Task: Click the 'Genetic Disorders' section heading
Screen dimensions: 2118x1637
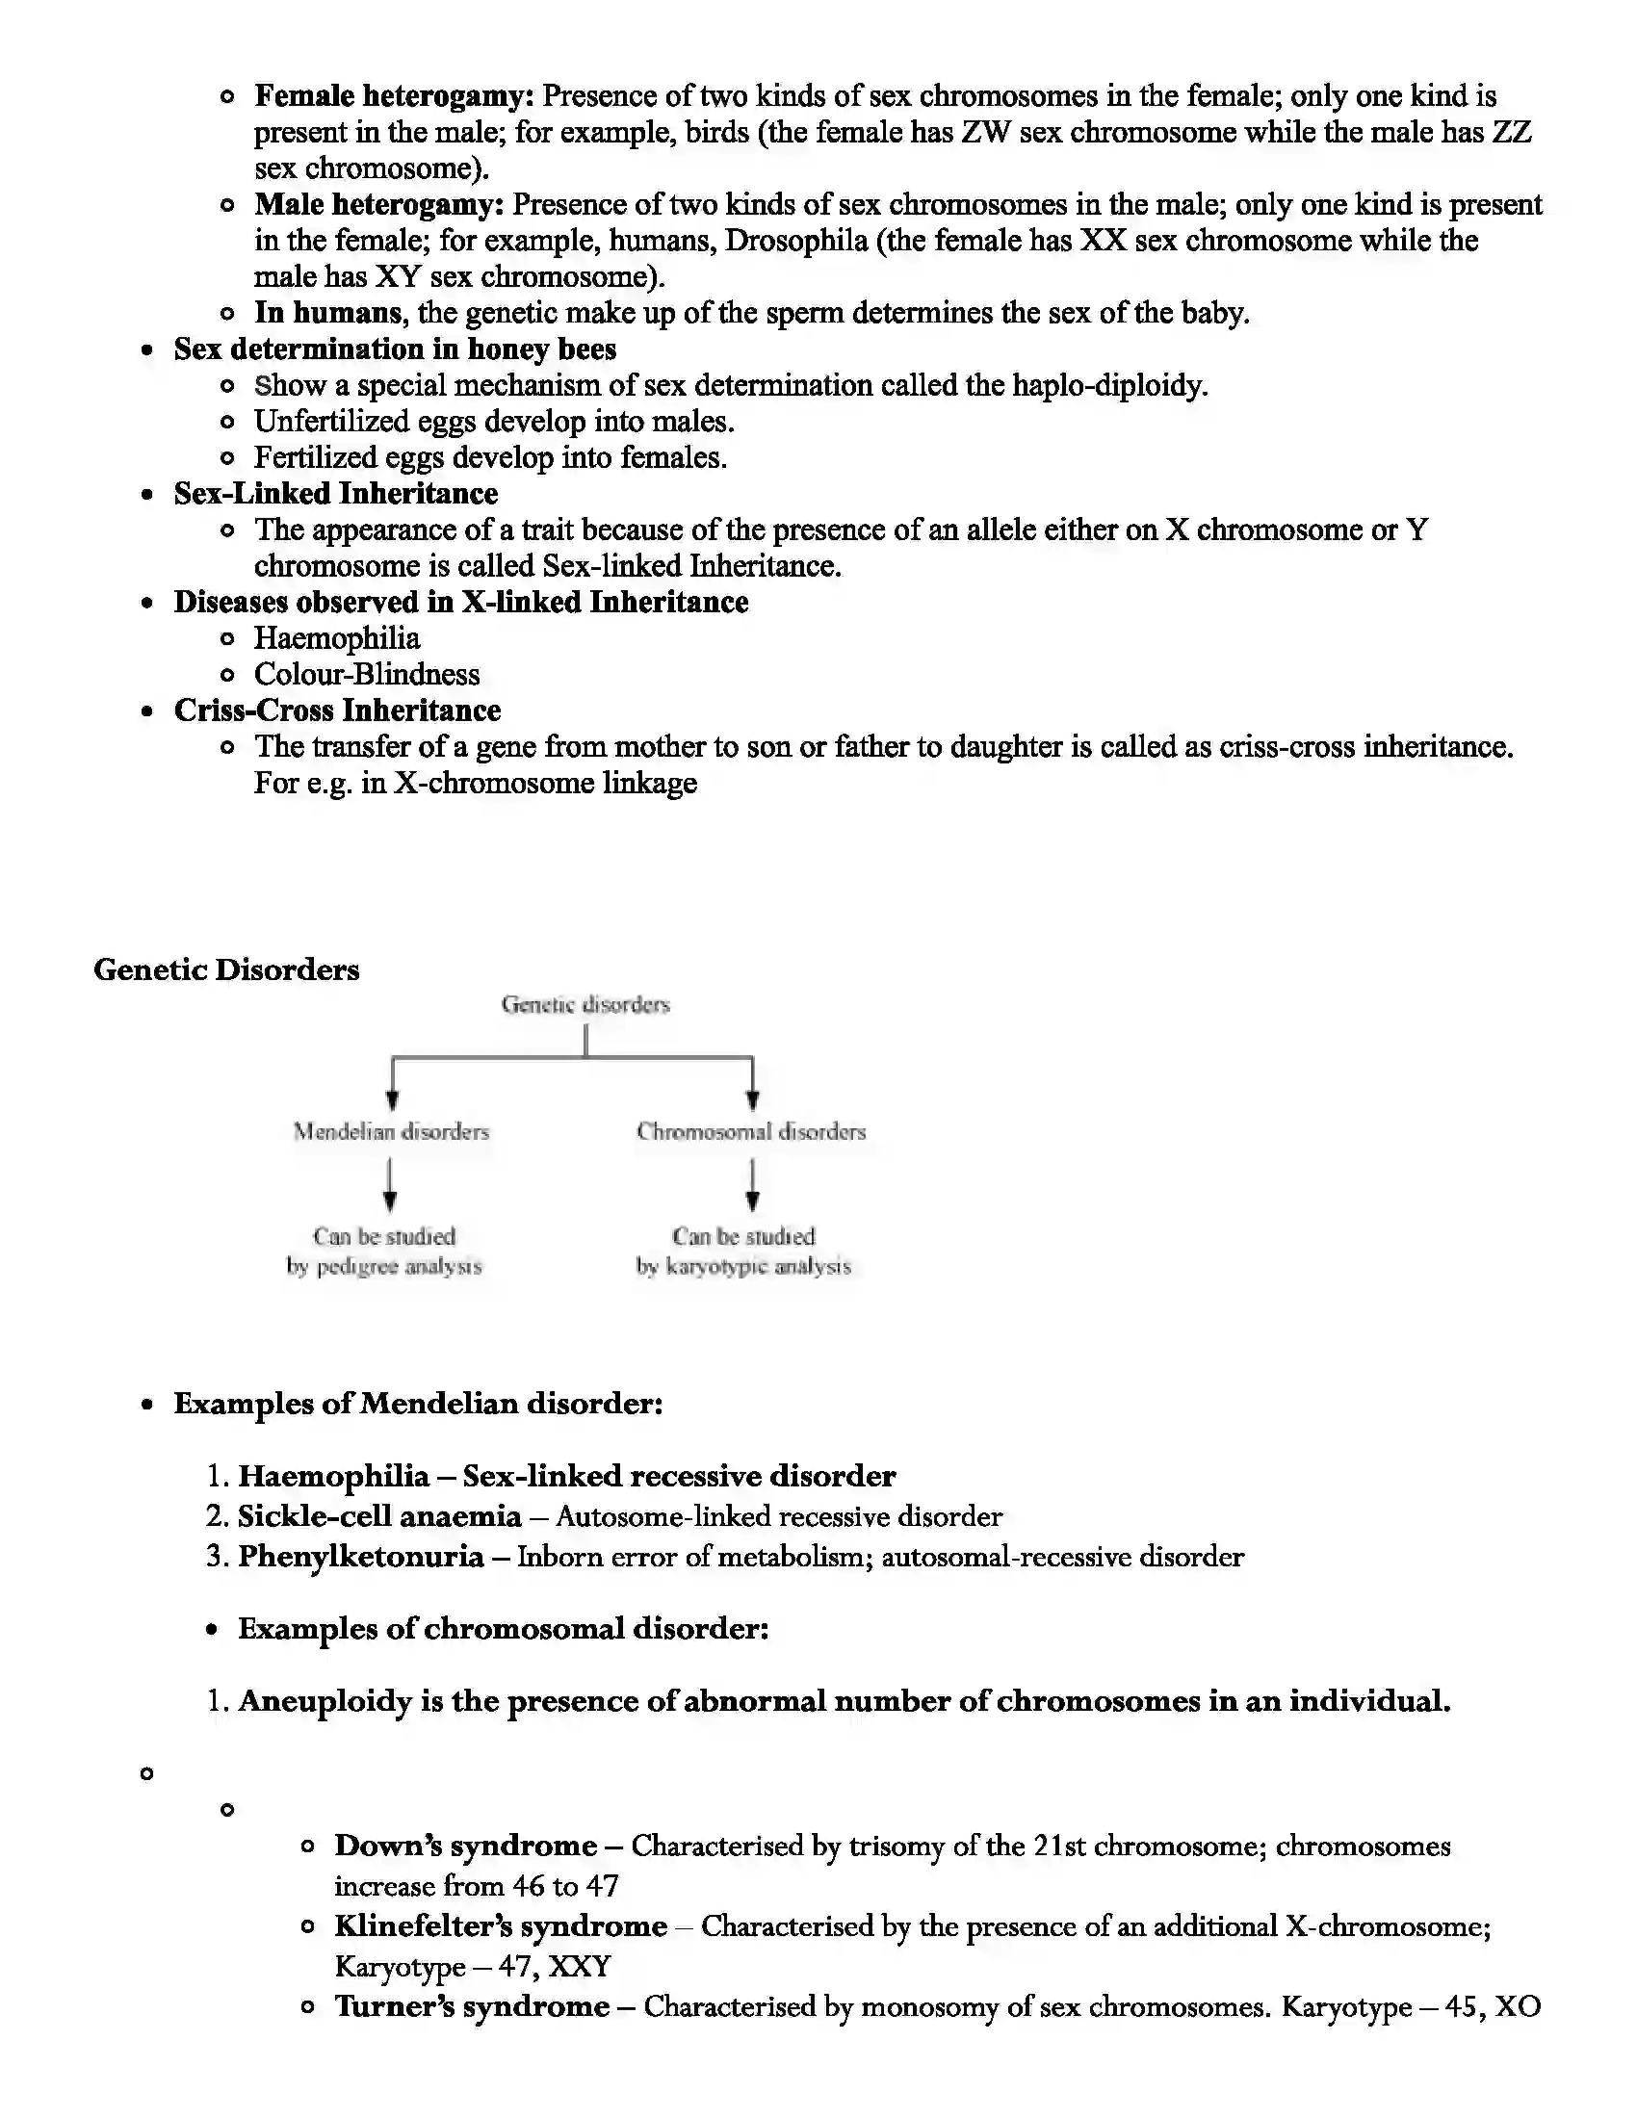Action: [x=226, y=969]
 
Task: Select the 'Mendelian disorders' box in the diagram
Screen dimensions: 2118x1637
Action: [x=391, y=1132]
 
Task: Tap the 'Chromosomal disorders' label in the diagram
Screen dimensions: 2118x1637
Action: [x=751, y=1132]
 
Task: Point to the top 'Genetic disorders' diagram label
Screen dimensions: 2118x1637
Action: [x=585, y=1005]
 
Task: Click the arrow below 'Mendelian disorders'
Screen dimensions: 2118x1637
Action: [x=390, y=1186]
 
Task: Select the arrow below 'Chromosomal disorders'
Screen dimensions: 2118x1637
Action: [x=752, y=1186]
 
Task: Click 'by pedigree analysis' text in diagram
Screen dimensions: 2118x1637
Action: [x=383, y=1267]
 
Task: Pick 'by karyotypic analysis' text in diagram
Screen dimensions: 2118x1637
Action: [x=742, y=1267]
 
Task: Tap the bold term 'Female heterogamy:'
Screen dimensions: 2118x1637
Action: [x=394, y=96]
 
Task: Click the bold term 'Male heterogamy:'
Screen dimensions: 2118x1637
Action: [x=379, y=205]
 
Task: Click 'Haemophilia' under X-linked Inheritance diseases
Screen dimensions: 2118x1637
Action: [x=336, y=638]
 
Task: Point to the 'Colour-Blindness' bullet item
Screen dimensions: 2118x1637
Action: [x=367, y=674]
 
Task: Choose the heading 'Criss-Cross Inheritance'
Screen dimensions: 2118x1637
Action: [x=336, y=710]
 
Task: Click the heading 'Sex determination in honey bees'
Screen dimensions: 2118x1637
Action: [x=395, y=349]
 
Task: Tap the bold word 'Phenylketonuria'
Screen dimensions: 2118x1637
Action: [x=361, y=1557]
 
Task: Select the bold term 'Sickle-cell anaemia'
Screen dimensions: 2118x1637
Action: [x=379, y=1515]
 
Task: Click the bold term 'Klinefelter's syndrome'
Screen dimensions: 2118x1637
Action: [x=501, y=1926]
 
